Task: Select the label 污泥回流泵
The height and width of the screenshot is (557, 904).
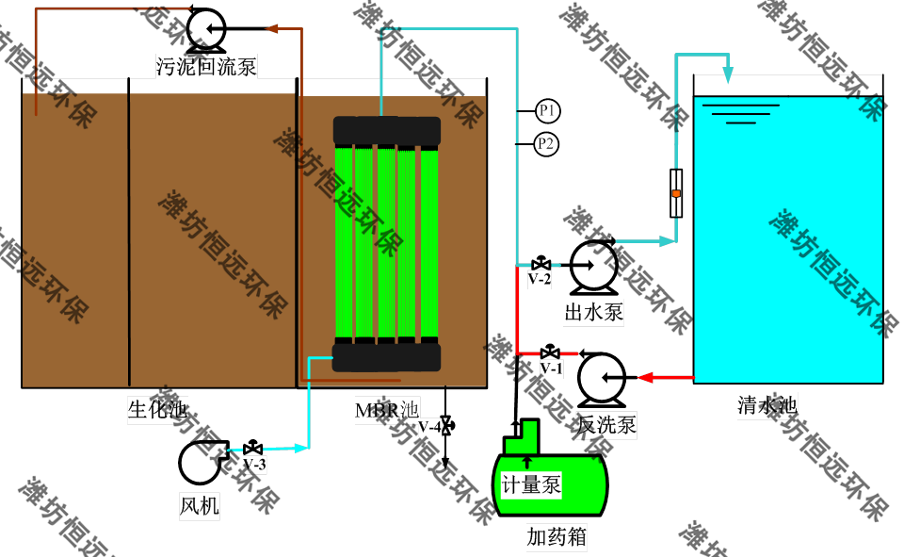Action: click(206, 66)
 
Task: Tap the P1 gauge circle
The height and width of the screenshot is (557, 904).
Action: click(548, 111)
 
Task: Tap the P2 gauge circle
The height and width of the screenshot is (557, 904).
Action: click(547, 144)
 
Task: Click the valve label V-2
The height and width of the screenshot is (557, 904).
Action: click(540, 279)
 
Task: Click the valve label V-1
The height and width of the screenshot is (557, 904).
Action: click(552, 369)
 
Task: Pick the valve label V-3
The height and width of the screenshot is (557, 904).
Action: click(254, 465)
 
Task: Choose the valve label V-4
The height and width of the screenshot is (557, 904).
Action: click(430, 429)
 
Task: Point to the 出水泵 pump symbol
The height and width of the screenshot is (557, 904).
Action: click(594, 266)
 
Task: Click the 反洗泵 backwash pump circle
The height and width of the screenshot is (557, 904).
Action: click(602, 379)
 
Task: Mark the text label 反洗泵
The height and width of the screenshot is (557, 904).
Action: click(607, 426)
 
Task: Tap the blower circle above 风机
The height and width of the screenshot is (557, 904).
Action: click(199, 462)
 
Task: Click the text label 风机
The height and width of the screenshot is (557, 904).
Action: click(199, 507)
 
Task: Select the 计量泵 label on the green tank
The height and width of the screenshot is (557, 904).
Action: click(531, 485)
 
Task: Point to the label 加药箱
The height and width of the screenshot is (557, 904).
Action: click(557, 538)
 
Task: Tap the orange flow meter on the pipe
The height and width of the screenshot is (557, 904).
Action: click(676, 193)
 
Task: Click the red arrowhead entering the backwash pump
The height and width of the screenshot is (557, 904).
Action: click(646, 378)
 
